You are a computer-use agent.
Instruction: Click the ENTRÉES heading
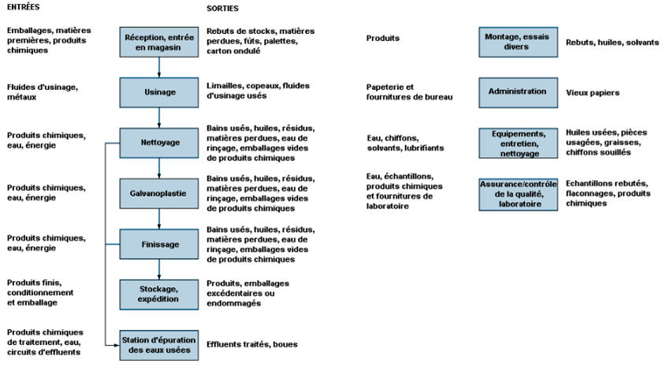click(23, 7)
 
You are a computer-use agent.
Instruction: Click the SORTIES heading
click(222, 8)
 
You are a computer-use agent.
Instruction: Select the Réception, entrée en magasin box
click(159, 42)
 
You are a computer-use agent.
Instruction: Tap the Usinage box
click(159, 92)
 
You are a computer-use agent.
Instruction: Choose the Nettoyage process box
click(159, 143)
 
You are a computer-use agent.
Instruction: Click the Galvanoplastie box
click(159, 193)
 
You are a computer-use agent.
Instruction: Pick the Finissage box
click(159, 244)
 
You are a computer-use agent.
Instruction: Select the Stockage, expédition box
click(159, 294)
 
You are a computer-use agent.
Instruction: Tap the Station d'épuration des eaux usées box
click(159, 345)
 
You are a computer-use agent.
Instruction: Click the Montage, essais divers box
click(518, 42)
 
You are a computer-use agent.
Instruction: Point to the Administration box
click(518, 92)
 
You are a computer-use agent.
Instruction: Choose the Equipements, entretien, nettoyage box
click(518, 143)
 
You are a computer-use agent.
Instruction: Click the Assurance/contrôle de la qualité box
click(518, 194)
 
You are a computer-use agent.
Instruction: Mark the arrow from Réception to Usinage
click(159, 67)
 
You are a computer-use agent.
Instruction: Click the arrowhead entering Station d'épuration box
click(117, 345)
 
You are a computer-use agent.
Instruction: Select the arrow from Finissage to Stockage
click(159, 269)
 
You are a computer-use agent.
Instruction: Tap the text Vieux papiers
click(592, 92)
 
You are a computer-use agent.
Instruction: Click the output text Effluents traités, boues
click(251, 344)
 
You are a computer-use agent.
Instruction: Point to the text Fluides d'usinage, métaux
click(43, 92)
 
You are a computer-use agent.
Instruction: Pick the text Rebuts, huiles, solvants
click(612, 43)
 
